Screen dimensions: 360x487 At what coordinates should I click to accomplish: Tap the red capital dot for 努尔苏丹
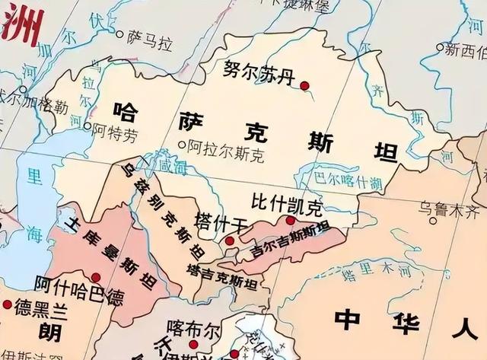(305, 87)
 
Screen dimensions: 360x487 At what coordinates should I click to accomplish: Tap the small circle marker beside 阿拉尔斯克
(181, 143)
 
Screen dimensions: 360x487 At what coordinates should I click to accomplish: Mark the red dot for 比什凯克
(290, 220)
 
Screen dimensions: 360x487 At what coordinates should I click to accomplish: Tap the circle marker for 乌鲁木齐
(433, 220)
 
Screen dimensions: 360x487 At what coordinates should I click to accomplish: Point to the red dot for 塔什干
(230, 241)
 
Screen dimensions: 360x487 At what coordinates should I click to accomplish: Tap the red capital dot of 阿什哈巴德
(96, 277)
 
